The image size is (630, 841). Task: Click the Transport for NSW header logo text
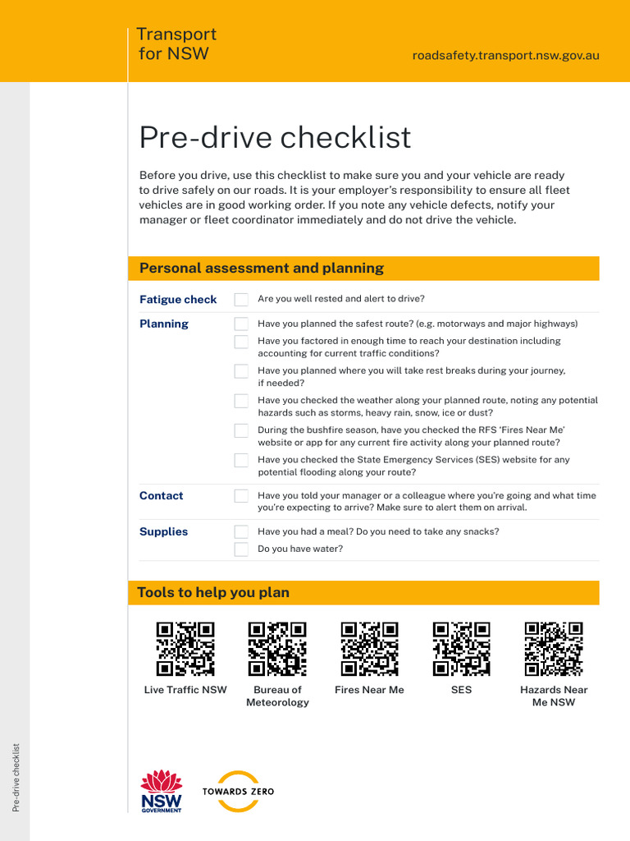[x=176, y=44]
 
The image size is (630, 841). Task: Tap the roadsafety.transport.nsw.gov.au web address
[x=505, y=56]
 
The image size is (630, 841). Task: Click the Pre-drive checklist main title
[x=275, y=138]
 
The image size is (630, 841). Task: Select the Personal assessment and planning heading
[x=262, y=269]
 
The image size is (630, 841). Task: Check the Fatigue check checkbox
[x=241, y=300]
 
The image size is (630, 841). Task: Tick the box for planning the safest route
[x=241, y=324]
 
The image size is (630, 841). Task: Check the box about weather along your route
[x=241, y=401]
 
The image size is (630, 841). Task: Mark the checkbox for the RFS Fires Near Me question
[x=241, y=430]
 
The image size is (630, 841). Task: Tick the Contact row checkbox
[x=241, y=496]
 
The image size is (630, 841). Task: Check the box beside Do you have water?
[x=241, y=549]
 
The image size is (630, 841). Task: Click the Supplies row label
[x=163, y=532]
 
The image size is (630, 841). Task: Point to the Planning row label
[x=164, y=324]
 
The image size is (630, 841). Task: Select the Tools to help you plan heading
[x=213, y=593]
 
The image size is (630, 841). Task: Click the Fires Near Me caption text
[x=369, y=690]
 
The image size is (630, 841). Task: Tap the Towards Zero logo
[x=238, y=792]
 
